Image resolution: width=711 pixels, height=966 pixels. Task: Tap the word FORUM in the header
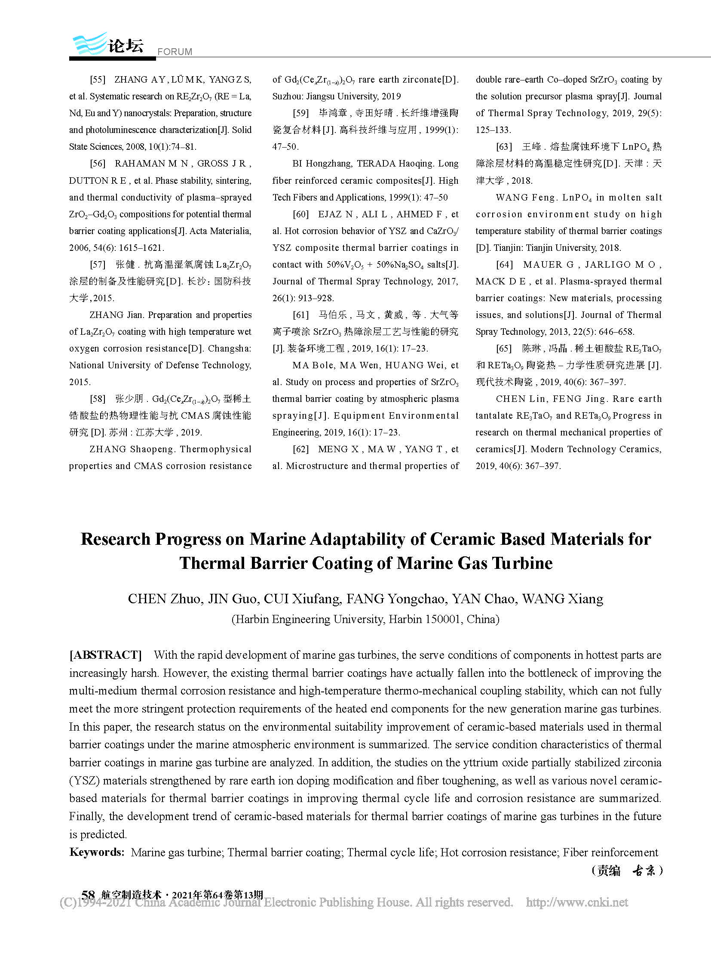[x=175, y=52]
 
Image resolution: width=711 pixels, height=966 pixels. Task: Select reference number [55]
[x=98, y=80]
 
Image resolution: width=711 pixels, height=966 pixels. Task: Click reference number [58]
[x=98, y=399]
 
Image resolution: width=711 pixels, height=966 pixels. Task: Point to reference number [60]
[x=301, y=214]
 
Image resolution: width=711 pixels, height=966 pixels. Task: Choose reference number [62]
[x=301, y=449]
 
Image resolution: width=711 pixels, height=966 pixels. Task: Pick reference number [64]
[x=504, y=265]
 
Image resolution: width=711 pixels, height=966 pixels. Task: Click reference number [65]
[x=504, y=349]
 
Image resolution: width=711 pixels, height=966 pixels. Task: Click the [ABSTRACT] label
[x=105, y=655]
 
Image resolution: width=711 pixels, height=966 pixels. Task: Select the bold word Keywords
[x=97, y=852]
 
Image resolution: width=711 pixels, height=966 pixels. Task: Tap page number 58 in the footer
[x=88, y=895]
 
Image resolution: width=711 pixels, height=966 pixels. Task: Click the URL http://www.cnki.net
[x=577, y=903]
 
